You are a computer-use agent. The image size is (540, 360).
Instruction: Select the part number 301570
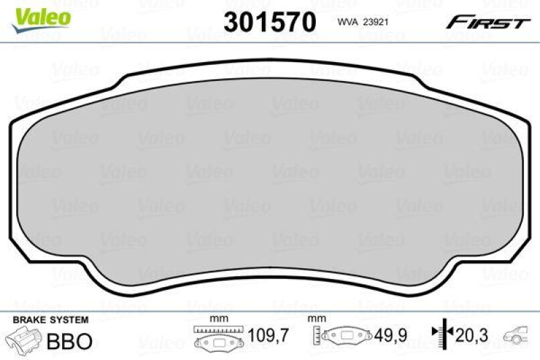point(270,22)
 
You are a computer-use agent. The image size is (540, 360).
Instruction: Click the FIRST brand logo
point(487,22)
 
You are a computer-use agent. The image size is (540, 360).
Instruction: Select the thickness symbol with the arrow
point(439,333)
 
